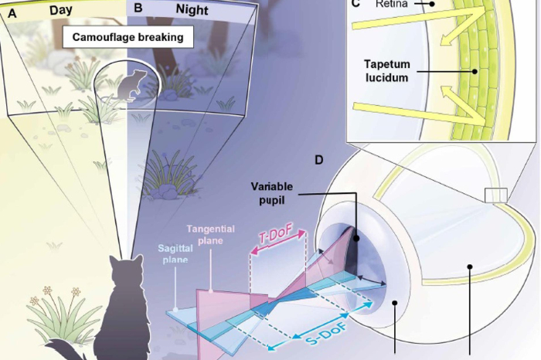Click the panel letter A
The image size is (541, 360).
click(12, 12)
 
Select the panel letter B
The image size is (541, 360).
click(138, 9)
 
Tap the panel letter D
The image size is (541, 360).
click(318, 161)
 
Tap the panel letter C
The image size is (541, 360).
click(356, 3)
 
